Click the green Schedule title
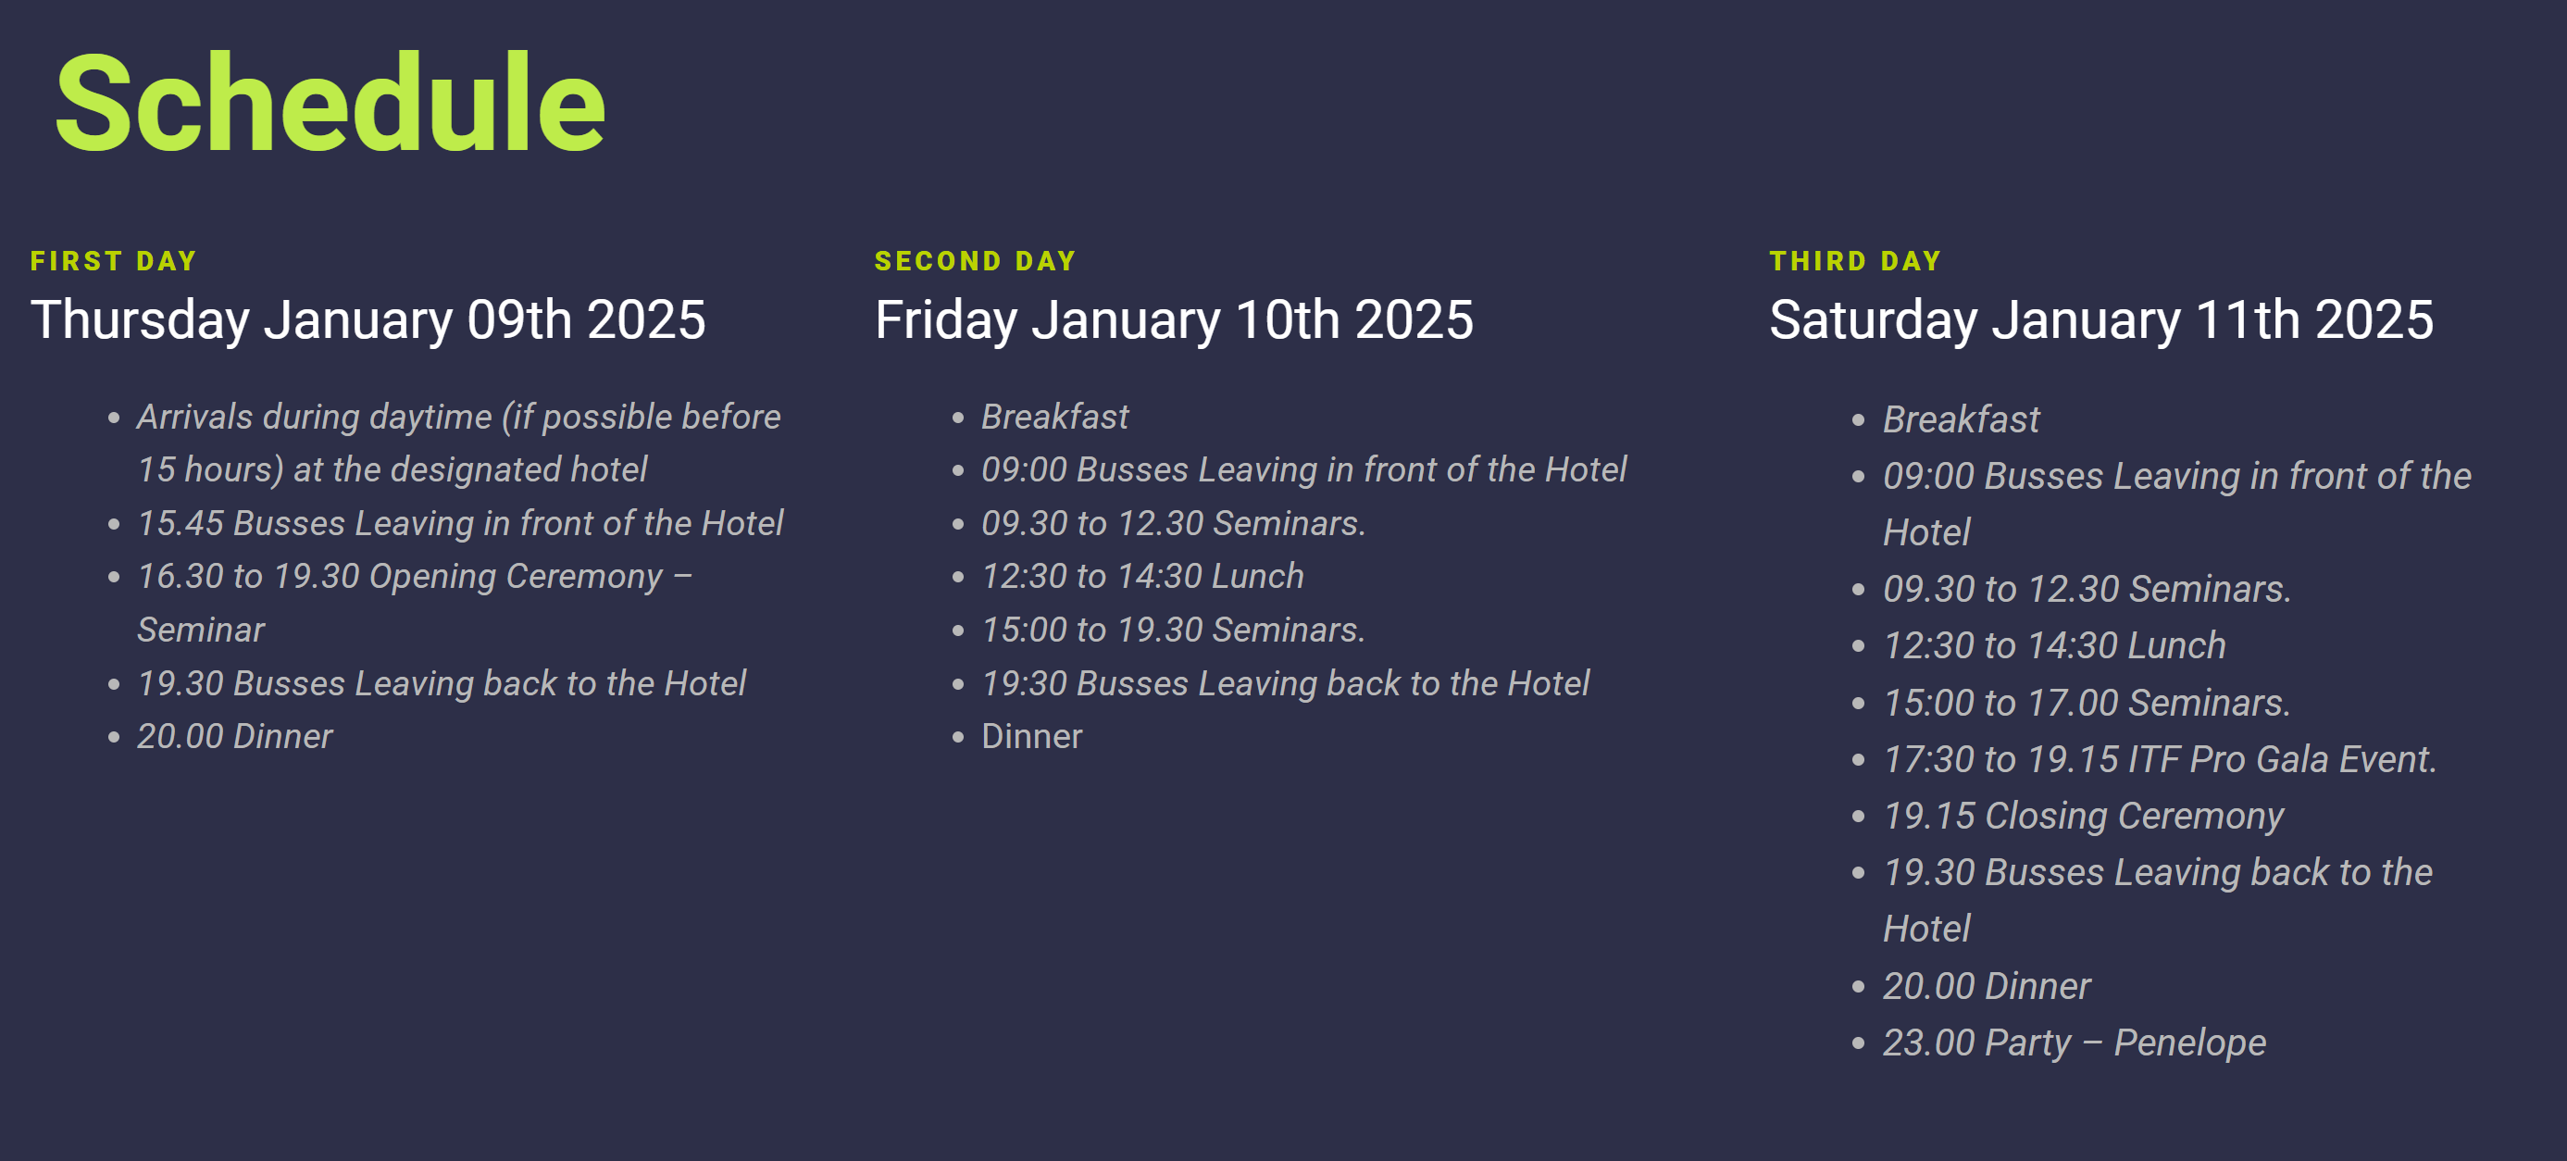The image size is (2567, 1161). point(330,104)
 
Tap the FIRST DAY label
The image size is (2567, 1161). point(114,261)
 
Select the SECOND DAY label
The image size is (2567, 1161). point(976,261)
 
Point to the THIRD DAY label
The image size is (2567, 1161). point(1855,261)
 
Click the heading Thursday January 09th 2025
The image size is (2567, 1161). point(368,321)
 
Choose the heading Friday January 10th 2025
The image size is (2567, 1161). point(1174,321)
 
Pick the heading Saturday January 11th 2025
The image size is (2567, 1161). point(2100,321)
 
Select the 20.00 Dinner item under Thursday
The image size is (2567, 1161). point(235,736)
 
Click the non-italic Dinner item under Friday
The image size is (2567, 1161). point(1031,736)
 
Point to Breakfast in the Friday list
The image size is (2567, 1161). point(1055,417)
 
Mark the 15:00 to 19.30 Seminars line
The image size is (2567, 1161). point(1173,630)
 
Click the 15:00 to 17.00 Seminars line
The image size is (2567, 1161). point(2087,703)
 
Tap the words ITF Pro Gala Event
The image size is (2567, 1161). point(2282,759)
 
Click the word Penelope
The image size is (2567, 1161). point(2190,1043)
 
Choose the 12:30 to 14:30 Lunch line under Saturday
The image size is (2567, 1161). point(2054,646)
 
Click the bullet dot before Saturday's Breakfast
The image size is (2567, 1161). point(1858,420)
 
